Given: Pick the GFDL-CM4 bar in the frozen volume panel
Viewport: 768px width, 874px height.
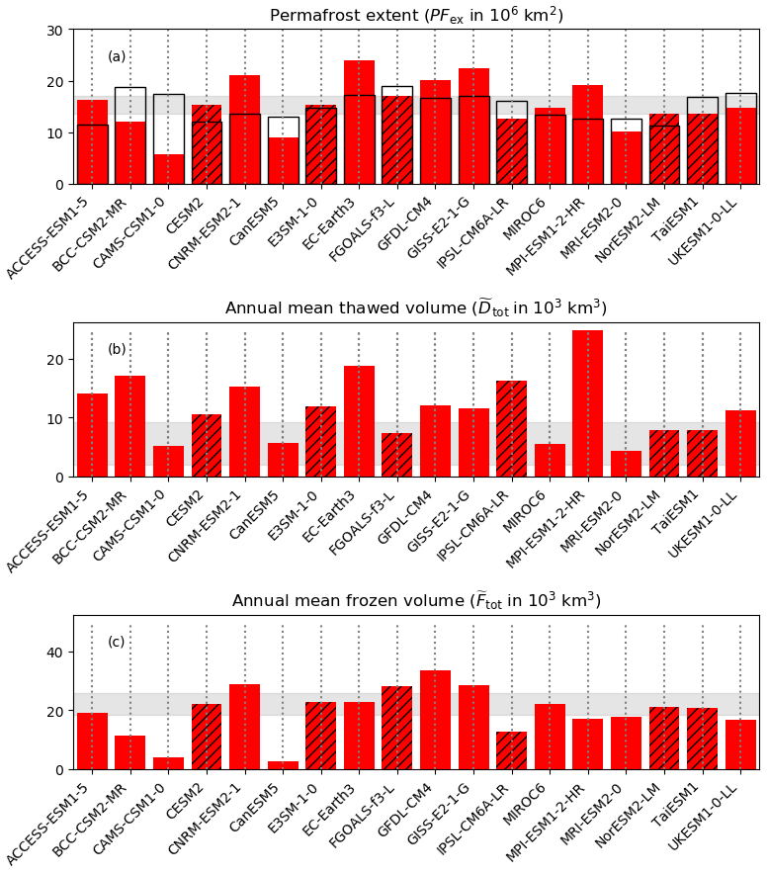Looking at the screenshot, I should click(x=435, y=720).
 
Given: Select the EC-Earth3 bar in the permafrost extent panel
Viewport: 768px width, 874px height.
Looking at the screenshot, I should click(x=359, y=123).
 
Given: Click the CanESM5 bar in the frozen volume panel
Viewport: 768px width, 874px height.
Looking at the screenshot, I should click(x=283, y=765).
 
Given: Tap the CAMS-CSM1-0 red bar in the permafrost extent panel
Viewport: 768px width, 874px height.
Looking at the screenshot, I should click(x=168, y=169).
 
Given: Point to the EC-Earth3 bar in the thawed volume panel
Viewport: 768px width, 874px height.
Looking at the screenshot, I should click(x=359, y=421).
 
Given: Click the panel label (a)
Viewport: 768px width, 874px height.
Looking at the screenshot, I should click(x=117, y=56).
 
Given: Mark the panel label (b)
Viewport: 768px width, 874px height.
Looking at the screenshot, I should click(x=117, y=349).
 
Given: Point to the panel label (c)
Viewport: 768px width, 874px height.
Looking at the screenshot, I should click(x=117, y=642).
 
